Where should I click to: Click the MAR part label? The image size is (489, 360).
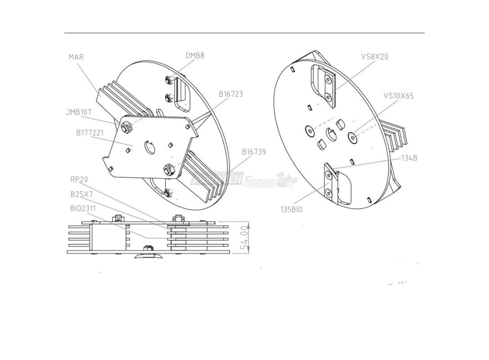(x=76, y=57)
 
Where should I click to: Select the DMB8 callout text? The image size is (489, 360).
(x=195, y=56)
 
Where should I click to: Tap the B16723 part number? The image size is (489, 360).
(x=231, y=94)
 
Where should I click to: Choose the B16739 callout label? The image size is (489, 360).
(x=254, y=152)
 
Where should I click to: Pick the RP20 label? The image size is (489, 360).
(x=79, y=179)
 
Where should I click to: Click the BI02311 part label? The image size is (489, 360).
(x=84, y=209)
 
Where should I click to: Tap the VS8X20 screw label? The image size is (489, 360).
(x=375, y=57)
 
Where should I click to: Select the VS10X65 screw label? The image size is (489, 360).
(x=398, y=96)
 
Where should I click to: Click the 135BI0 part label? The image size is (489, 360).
(x=290, y=210)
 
